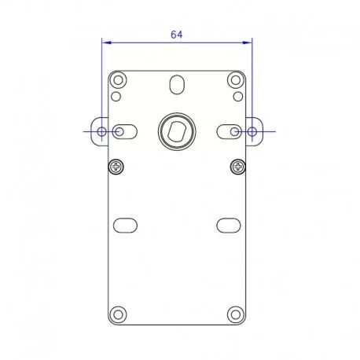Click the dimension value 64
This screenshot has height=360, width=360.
coord(177,35)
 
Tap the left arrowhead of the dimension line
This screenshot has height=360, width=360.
coord(106,42)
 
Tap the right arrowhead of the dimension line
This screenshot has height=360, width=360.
coord(248,42)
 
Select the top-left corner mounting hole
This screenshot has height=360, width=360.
coord(118,80)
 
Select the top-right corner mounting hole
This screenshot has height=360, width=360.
coord(236,80)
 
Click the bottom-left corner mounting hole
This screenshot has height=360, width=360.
coord(118,314)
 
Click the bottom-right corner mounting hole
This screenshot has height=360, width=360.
coord(236,314)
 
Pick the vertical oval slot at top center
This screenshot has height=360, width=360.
coord(177,85)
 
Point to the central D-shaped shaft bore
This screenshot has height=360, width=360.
coord(177,131)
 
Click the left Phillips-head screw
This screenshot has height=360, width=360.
coord(116,167)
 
